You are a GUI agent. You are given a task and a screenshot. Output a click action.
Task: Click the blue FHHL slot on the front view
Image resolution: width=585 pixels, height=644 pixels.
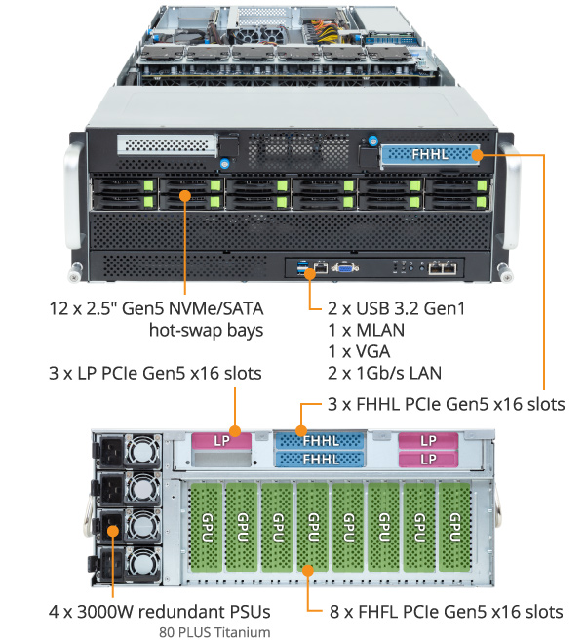pos(430,154)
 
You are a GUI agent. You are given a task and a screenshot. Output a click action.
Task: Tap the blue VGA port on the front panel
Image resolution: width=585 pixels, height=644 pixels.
pos(342,267)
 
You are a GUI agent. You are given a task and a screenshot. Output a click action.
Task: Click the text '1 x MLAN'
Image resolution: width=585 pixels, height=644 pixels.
pos(367,330)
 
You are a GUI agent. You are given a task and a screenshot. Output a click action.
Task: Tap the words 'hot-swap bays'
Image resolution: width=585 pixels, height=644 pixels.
pos(206,330)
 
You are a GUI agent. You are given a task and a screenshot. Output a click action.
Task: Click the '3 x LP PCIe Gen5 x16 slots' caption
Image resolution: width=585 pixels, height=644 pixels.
pos(155,373)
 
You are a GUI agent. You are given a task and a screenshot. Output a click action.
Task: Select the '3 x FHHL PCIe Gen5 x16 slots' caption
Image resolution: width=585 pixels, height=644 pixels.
pos(446,404)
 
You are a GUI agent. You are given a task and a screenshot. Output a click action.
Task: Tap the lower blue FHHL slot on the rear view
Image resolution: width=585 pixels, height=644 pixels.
pos(321,460)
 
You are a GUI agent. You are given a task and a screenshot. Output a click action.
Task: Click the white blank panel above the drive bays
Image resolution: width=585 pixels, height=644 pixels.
pos(165,146)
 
